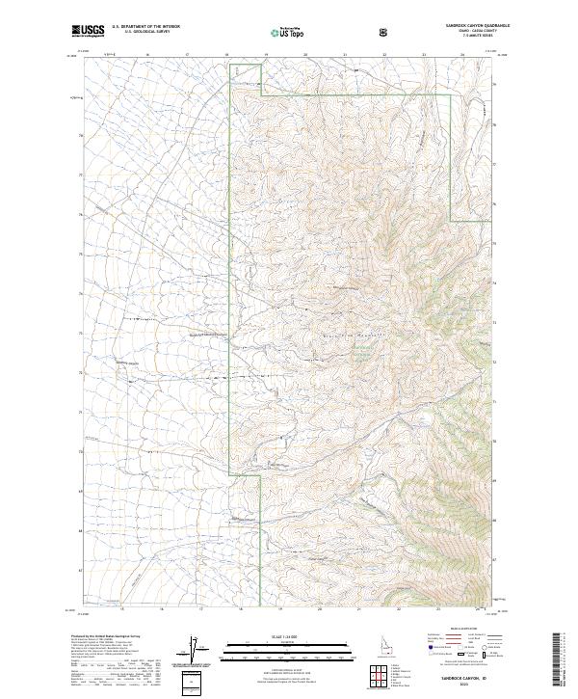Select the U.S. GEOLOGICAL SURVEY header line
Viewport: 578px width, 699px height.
(144, 34)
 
